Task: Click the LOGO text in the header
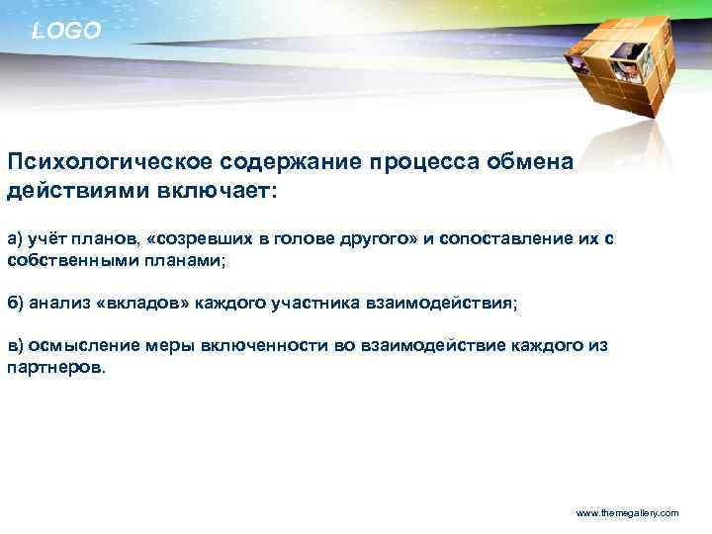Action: [x=65, y=32]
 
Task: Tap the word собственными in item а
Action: [x=63, y=259]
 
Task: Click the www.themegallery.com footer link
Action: [x=627, y=513]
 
